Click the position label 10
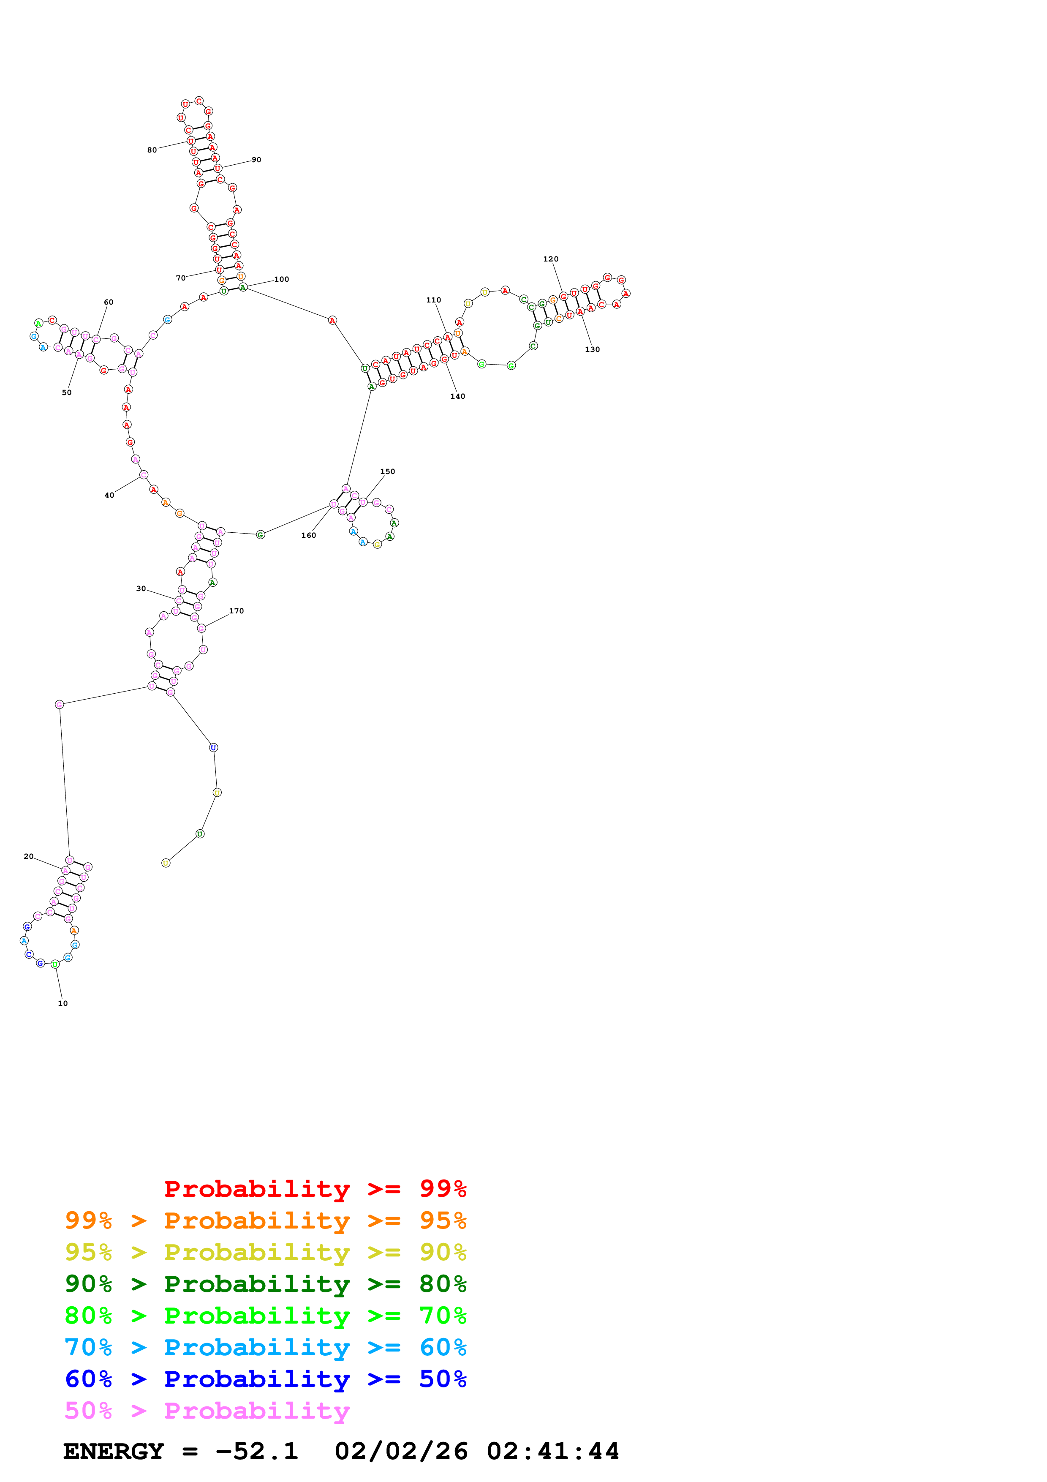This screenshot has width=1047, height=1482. click(63, 1003)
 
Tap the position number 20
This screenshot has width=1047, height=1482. click(28, 856)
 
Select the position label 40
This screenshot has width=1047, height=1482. click(109, 495)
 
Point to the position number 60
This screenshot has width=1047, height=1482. click(109, 302)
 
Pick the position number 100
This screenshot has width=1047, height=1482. click(281, 280)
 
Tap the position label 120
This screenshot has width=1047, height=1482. click(550, 259)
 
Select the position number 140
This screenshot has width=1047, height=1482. click(457, 396)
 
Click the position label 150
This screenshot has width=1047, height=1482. click(387, 471)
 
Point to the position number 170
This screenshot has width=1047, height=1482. click(236, 610)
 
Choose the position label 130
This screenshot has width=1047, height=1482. click(592, 349)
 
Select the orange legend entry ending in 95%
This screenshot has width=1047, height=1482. click(265, 1220)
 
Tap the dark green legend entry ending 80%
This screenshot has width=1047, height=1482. click(265, 1284)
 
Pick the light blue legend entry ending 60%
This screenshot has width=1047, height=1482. click(265, 1347)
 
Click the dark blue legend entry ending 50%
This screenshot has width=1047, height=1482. click(265, 1379)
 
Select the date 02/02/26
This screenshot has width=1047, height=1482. click(401, 1451)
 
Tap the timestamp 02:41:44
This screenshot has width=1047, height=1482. click(553, 1451)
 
